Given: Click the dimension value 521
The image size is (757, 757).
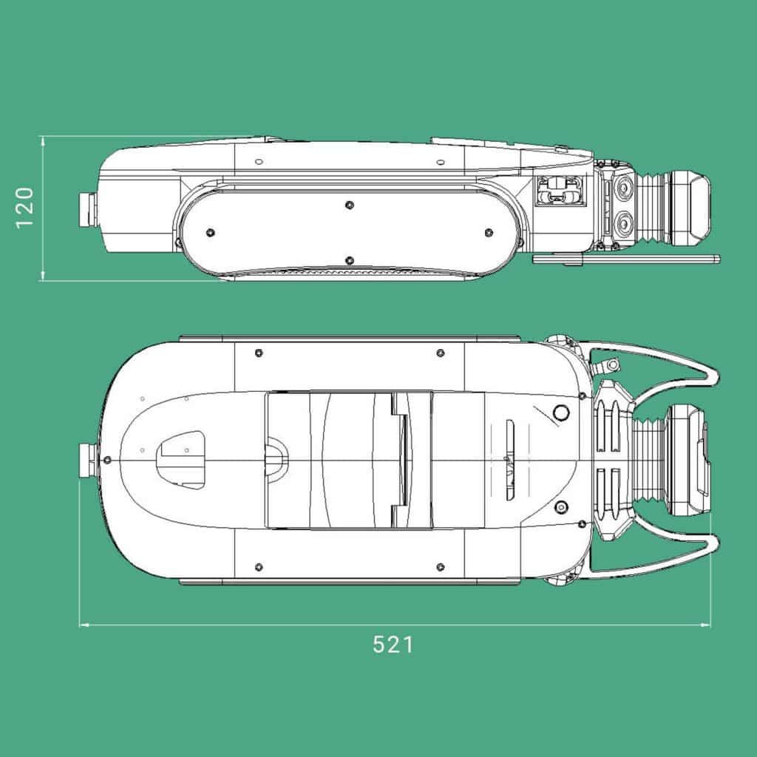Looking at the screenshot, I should point(393,645).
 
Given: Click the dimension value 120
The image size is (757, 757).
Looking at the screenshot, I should point(25,208).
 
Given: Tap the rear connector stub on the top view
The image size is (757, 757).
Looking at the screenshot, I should point(87,460).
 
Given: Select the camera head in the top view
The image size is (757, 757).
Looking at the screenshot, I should point(688,460).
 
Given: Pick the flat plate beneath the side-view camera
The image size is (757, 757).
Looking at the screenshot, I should point(625,259).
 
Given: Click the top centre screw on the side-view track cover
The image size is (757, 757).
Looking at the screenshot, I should point(349,204).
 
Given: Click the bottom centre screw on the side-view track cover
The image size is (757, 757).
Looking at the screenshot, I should point(349,259).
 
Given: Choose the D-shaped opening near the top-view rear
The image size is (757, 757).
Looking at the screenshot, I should point(181,459).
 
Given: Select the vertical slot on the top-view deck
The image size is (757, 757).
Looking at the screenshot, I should point(509,459).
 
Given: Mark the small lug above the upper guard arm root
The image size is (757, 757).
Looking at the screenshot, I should point(610,364).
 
